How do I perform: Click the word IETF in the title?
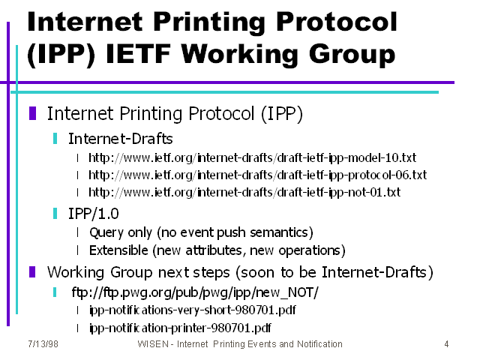pos(138,54)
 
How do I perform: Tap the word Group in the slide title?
pos(352,55)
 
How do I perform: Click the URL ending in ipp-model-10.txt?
pos(252,158)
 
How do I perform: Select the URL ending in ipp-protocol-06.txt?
pos(257,175)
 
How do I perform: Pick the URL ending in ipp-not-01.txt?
pos(244,193)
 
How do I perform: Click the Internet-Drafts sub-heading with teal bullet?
pos(120,139)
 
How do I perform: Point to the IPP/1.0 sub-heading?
pos(93,214)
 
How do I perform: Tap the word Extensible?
pos(118,250)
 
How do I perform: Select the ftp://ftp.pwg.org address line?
pos(195,292)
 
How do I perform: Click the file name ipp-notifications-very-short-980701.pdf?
pos(193,310)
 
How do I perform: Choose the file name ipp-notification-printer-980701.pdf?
pos(180,328)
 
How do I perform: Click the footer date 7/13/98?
pos(43,344)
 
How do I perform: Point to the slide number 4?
pos(447,344)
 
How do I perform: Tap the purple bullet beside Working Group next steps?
pos(32,271)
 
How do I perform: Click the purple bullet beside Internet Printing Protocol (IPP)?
pos(32,113)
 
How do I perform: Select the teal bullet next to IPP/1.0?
pos(55,213)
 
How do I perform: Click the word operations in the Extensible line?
pos(312,250)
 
